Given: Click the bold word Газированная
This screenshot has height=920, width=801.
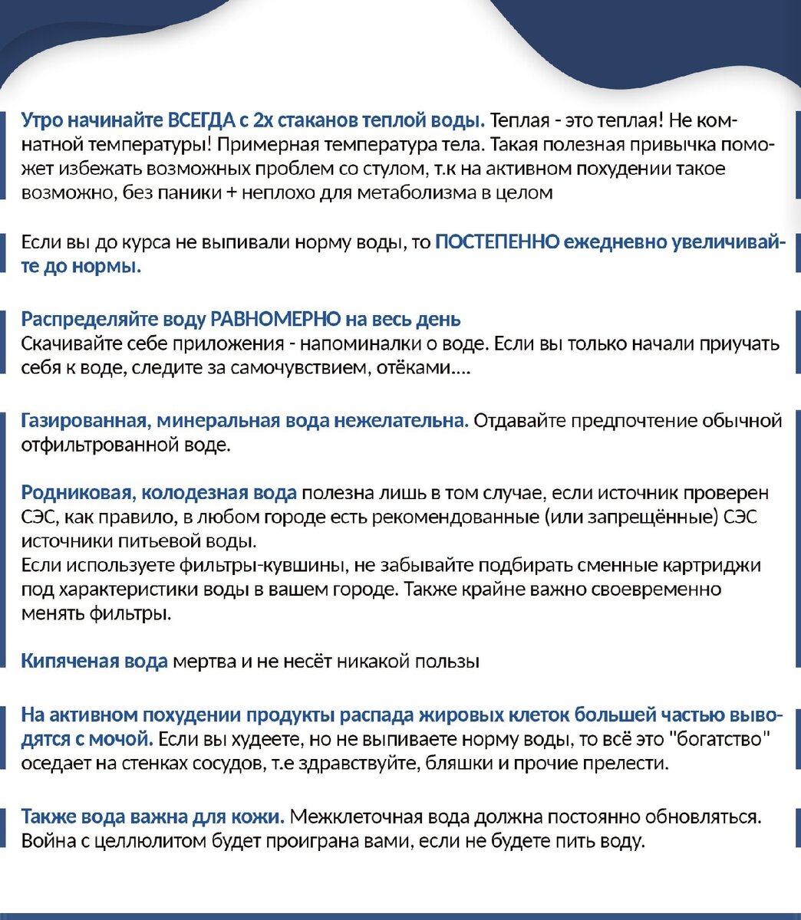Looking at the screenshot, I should tap(84, 420).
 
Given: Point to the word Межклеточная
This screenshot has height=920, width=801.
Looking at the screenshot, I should tap(359, 816).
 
